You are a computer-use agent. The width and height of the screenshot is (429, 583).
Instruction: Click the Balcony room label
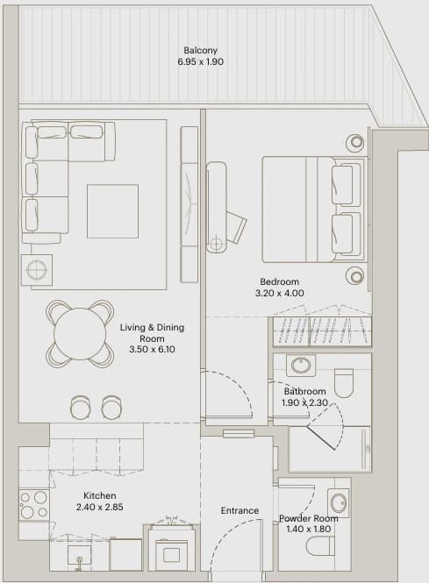200,50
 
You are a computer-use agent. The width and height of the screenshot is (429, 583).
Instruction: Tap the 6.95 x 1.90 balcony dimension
201,61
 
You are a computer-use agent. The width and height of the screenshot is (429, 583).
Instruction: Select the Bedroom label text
280,281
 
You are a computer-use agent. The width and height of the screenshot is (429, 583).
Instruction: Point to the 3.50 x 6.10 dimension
152,350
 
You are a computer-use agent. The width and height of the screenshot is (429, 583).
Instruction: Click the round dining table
80,333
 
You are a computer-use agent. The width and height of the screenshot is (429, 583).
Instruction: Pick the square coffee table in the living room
113,210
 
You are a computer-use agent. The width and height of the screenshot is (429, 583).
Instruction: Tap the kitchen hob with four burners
34,505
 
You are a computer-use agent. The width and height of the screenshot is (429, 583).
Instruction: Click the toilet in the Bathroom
343,382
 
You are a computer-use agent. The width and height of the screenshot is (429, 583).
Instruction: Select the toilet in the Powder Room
319,545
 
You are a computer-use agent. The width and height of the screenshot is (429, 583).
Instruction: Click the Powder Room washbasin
339,503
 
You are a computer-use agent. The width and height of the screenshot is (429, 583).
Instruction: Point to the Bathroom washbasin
301,366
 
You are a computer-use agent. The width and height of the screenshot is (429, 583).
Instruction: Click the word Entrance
240,510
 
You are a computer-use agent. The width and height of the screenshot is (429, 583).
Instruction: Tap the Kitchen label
100,495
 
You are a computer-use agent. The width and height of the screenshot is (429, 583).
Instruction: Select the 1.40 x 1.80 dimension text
309,529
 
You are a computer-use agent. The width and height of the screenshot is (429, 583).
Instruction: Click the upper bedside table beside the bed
354,142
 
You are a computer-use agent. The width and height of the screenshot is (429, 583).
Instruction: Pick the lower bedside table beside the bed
354,275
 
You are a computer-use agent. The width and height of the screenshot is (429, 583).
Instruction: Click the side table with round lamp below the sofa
37,269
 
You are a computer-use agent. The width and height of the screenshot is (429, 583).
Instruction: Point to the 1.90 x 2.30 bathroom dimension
304,402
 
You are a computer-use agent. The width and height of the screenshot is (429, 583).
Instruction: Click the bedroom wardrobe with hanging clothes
322,331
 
